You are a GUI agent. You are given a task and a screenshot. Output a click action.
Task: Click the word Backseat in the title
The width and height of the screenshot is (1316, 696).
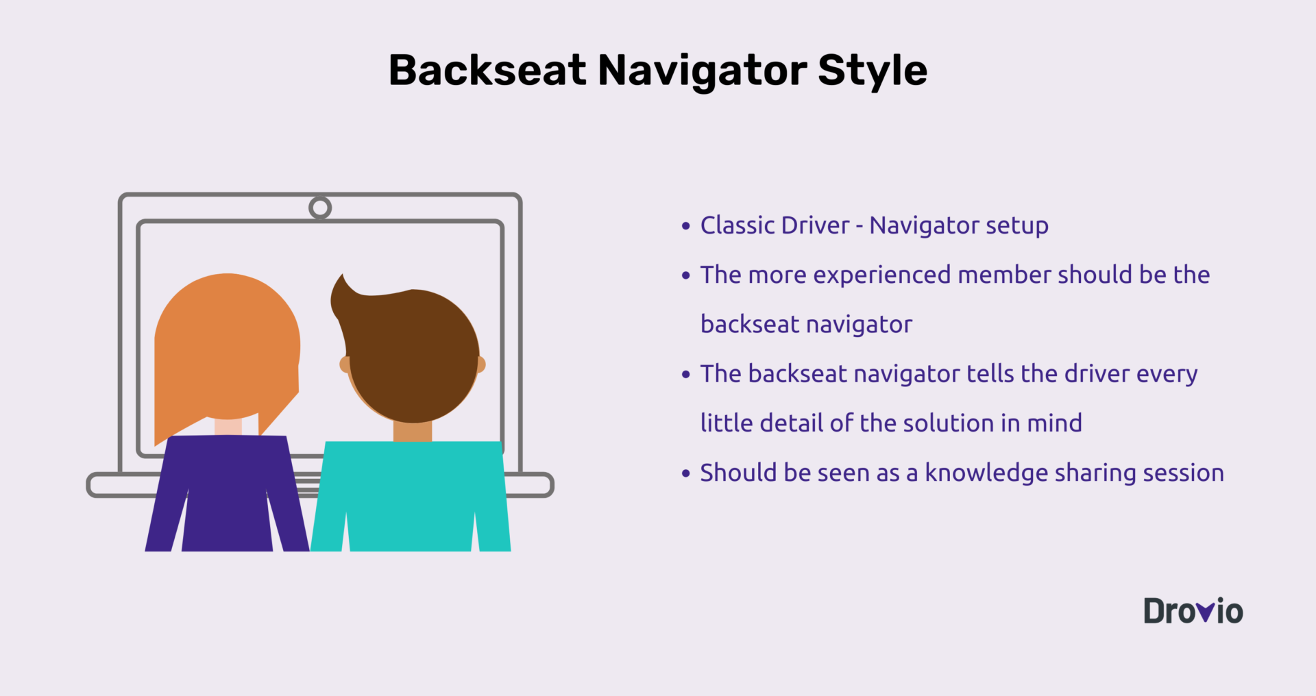(x=487, y=70)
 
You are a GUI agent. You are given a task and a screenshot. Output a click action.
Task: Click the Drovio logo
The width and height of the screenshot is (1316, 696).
(x=1193, y=611)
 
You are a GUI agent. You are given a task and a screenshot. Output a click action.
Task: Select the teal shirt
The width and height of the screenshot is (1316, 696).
(x=411, y=496)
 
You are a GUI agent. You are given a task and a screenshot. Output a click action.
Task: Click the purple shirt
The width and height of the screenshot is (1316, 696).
(x=227, y=493)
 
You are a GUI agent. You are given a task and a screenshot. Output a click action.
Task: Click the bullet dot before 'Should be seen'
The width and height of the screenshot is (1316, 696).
(x=686, y=473)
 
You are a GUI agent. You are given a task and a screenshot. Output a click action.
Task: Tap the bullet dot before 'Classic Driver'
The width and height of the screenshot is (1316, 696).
(x=686, y=225)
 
